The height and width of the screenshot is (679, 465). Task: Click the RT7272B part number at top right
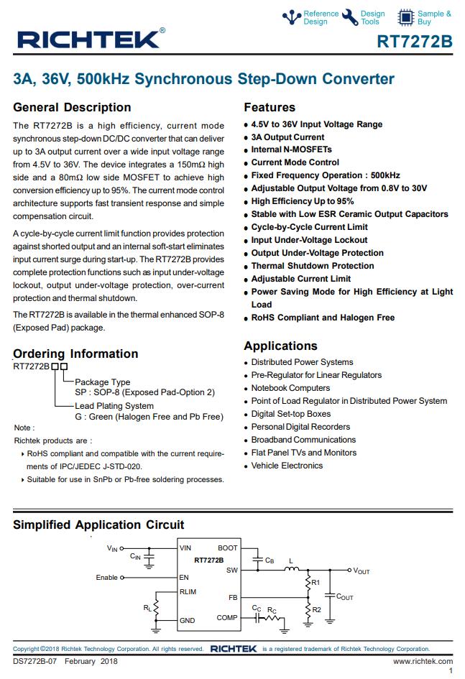click(415, 42)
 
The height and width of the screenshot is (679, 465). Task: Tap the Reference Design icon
click(291, 17)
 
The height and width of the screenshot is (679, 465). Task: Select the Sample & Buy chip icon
click(406, 17)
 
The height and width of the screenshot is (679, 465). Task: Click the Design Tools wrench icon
click(349, 17)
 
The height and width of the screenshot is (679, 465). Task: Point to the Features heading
click(270, 108)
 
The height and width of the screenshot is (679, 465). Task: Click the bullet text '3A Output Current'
click(287, 137)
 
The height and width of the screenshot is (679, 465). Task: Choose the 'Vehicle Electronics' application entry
click(287, 466)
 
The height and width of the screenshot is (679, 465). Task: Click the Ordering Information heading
click(75, 354)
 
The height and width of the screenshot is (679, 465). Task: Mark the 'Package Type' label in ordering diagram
click(103, 382)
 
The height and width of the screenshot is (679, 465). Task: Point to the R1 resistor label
click(316, 583)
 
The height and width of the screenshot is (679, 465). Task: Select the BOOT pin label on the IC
click(227, 548)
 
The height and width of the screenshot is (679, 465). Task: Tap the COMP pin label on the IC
click(226, 617)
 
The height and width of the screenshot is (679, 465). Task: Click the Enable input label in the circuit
click(106, 578)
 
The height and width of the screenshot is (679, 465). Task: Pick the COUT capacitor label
click(345, 597)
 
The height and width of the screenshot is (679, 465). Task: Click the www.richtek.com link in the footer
click(423, 661)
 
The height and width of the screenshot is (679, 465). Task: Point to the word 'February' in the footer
click(80, 661)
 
